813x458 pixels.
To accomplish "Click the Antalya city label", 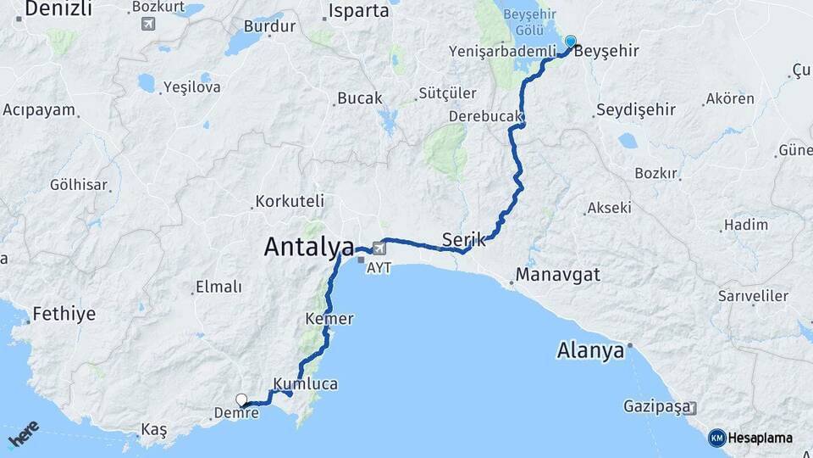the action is tap(309, 247).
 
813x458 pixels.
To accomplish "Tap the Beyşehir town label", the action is tap(606, 52).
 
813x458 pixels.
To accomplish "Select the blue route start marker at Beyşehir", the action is tap(571, 42).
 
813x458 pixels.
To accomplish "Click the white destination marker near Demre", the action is tap(241, 399).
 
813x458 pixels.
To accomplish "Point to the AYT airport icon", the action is tap(378, 248).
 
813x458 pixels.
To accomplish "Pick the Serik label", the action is tap(464, 240).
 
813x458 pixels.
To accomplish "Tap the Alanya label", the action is tap(591, 349).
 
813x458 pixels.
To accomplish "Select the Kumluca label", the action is tap(306, 384).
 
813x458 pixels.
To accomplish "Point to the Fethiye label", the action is tap(64, 315).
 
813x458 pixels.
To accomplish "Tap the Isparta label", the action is tap(357, 12).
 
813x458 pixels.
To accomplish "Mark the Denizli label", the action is tap(58, 9).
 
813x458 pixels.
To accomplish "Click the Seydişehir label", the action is tap(636, 110).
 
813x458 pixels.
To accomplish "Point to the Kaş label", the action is tap(154, 430).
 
